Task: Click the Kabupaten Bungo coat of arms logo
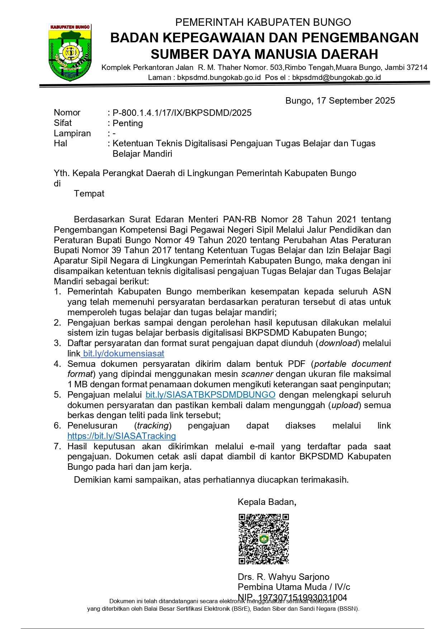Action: (x=70, y=52)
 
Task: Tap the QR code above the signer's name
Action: (x=264, y=539)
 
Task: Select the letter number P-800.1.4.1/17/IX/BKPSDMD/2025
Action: (x=182, y=113)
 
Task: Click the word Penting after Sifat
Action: (x=128, y=123)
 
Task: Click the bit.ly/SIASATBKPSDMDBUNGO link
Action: (x=210, y=395)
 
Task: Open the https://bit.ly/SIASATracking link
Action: (x=122, y=436)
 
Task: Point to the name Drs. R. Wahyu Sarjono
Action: (x=283, y=577)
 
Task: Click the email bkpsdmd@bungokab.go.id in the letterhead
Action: (x=336, y=77)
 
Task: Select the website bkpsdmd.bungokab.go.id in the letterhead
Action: (x=219, y=77)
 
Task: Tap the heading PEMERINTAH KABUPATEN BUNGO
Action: (x=263, y=22)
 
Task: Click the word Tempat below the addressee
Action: (x=89, y=194)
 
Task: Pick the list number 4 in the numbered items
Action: (x=57, y=364)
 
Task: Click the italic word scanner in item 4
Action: (x=257, y=374)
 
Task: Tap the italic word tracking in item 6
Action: (x=153, y=426)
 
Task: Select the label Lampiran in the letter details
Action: (x=72, y=133)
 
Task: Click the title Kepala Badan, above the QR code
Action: (x=267, y=502)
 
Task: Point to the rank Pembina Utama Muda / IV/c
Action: (x=294, y=587)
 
